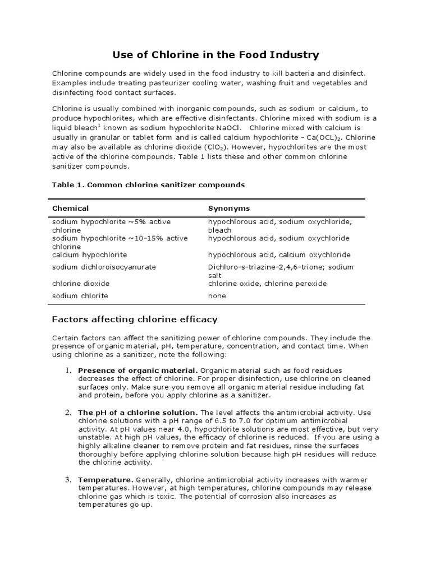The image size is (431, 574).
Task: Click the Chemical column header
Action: click(x=71, y=208)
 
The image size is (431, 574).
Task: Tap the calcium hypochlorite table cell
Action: click(x=90, y=254)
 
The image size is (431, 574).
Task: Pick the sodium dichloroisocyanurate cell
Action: click(x=104, y=267)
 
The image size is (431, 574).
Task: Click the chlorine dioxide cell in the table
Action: click(x=81, y=283)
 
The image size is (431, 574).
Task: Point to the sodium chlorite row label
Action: click(x=80, y=295)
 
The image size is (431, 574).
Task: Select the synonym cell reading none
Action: click(x=217, y=295)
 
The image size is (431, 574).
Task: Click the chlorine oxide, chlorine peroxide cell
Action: click(x=267, y=283)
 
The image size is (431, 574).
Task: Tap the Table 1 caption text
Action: click(x=148, y=184)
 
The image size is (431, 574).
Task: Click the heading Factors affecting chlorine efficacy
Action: click(x=135, y=320)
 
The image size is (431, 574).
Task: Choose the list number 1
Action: click(x=67, y=371)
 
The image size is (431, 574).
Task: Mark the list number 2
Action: click(x=67, y=413)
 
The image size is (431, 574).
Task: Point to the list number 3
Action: click(x=67, y=480)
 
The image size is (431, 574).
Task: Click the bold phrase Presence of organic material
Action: click(x=137, y=371)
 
